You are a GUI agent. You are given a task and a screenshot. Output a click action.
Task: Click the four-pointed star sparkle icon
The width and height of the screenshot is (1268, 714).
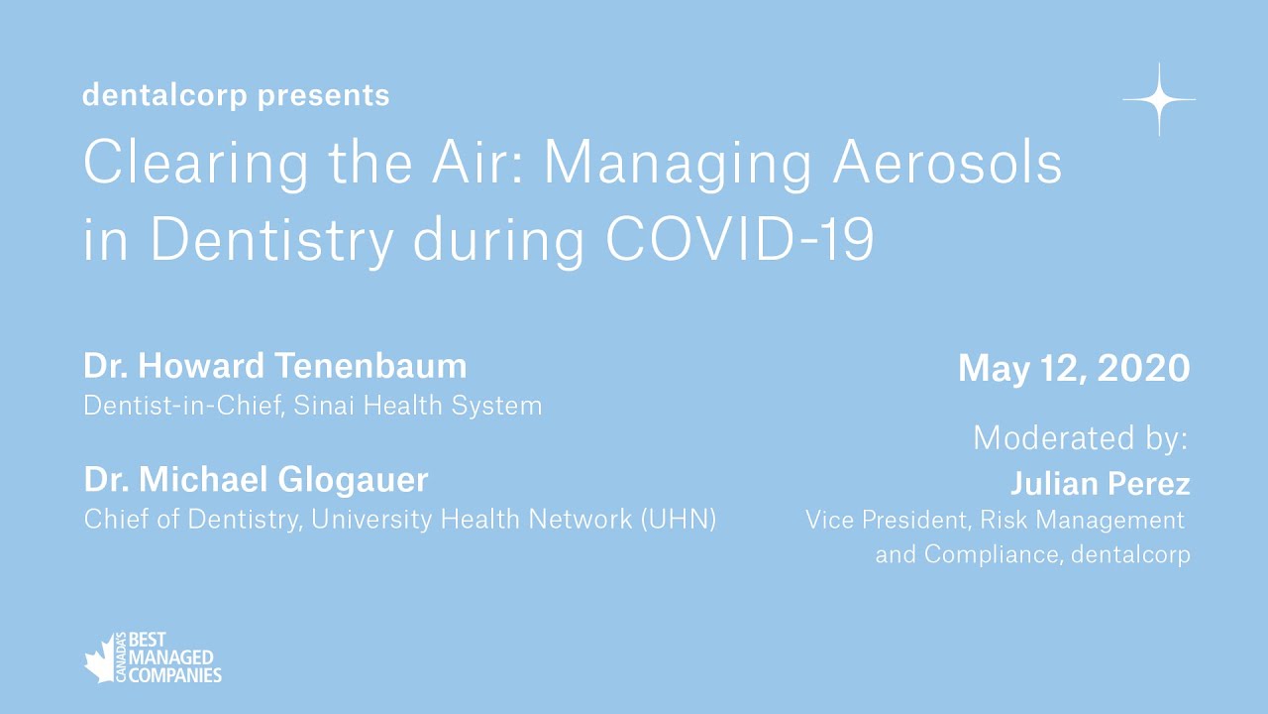coord(1158,99)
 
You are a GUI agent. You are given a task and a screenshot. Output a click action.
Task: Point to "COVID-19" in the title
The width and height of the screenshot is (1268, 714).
coord(740,239)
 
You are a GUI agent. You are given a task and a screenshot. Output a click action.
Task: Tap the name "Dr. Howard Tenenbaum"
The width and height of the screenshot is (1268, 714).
coord(275,366)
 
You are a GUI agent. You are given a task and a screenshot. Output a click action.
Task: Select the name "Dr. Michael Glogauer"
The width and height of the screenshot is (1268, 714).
coord(257,480)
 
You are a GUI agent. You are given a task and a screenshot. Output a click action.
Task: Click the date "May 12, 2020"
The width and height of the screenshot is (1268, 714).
coord(1074,369)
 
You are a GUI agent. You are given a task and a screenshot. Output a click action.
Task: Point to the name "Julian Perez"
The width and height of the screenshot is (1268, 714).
coord(1100,484)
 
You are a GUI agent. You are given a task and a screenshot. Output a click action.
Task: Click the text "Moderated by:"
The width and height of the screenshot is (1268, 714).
coord(1081,437)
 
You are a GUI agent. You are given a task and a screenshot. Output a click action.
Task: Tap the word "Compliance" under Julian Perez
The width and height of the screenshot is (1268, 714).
coord(988,554)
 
